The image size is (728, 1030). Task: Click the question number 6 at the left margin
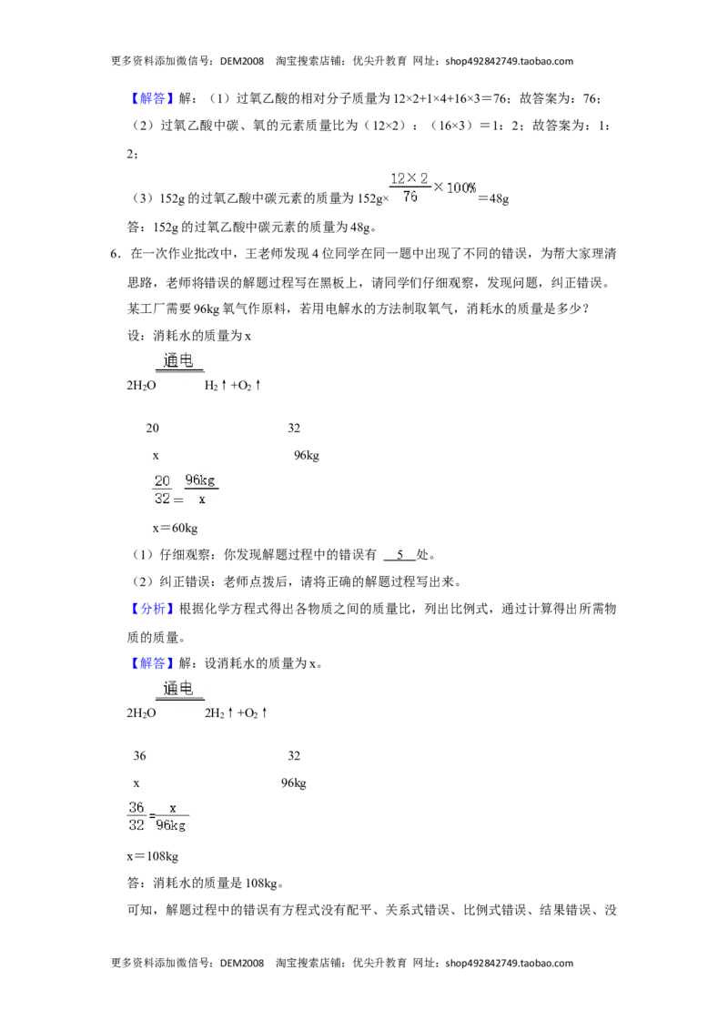[114, 254]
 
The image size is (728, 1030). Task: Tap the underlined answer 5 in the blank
[399, 555]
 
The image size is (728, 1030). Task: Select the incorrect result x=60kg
[175, 528]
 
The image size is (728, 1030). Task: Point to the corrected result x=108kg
[153, 856]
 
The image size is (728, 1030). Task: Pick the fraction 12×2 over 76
[410, 187]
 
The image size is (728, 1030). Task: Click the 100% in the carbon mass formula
[461, 187]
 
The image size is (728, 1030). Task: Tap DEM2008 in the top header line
[242, 61]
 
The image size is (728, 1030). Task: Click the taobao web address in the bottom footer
[510, 963]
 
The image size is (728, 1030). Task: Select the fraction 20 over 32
[162, 490]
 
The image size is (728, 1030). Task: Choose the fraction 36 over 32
[136, 816]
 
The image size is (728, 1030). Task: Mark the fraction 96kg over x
[201, 490]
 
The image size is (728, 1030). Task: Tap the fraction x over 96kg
[171, 816]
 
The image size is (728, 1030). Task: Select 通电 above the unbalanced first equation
[178, 361]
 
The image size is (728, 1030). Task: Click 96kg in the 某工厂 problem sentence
[207, 309]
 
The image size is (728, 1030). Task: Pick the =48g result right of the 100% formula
[493, 198]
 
